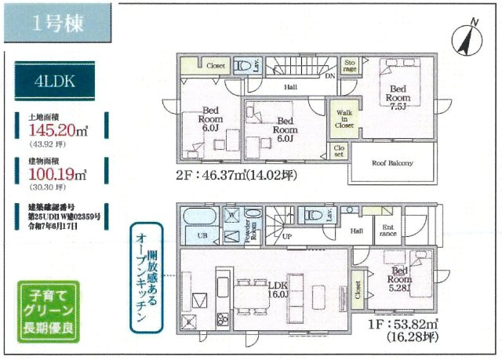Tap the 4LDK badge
(53, 81)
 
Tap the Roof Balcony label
(391, 164)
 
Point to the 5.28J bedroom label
(399, 278)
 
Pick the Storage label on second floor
(350, 66)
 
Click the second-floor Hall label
(290, 86)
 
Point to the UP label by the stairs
(287, 236)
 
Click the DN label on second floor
(329, 77)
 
